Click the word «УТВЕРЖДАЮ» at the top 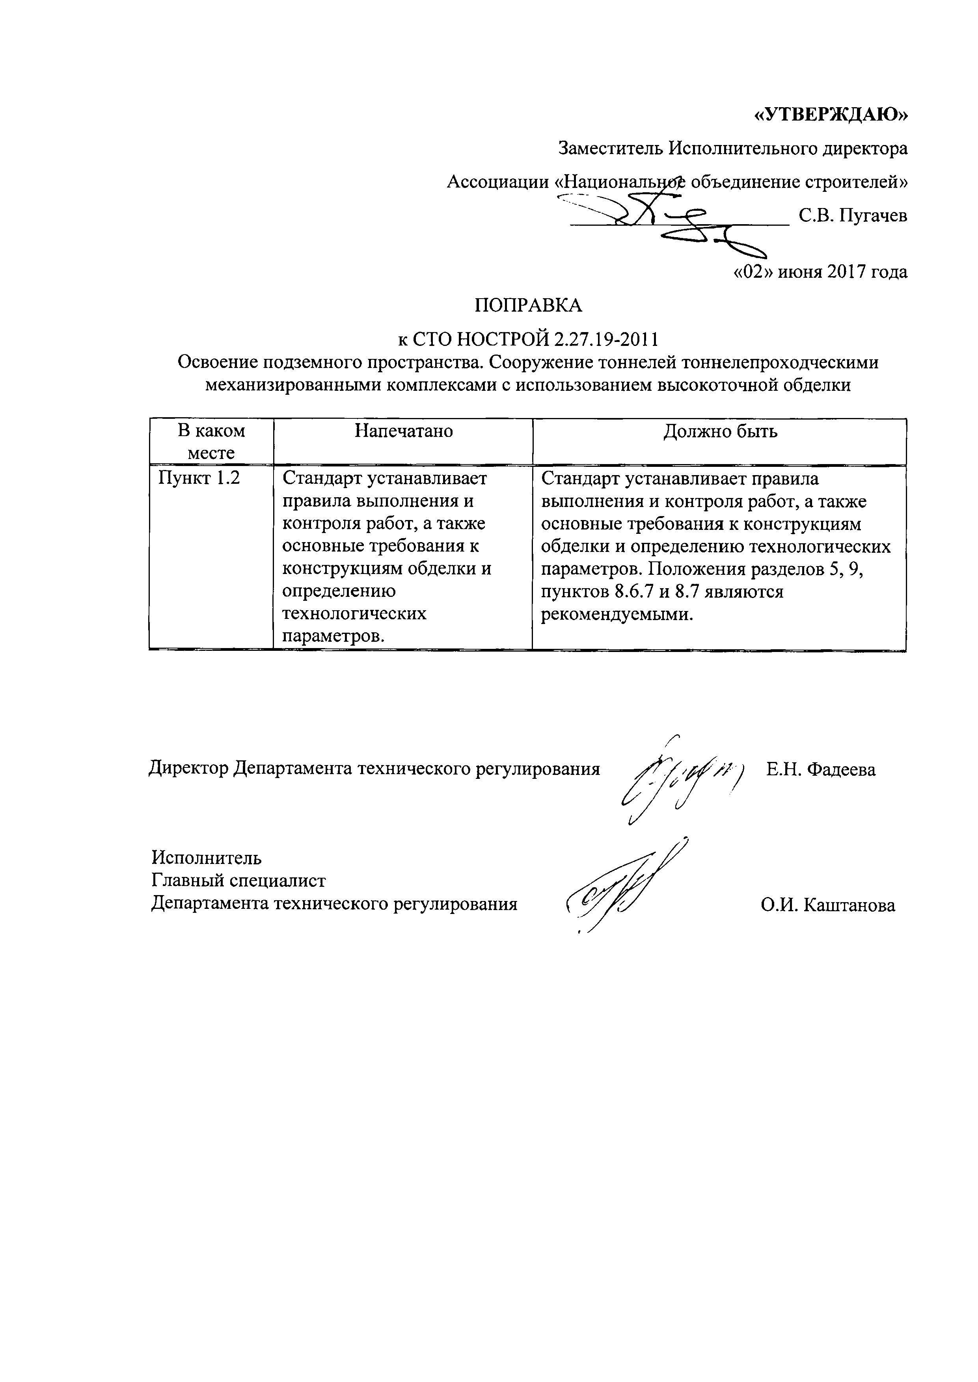(x=831, y=114)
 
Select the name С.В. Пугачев (x=853, y=215)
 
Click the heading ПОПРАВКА (x=528, y=306)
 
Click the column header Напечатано (x=404, y=431)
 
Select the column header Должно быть (x=720, y=431)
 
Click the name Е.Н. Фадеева (x=821, y=769)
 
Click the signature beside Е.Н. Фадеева (x=680, y=776)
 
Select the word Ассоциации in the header (x=497, y=182)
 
